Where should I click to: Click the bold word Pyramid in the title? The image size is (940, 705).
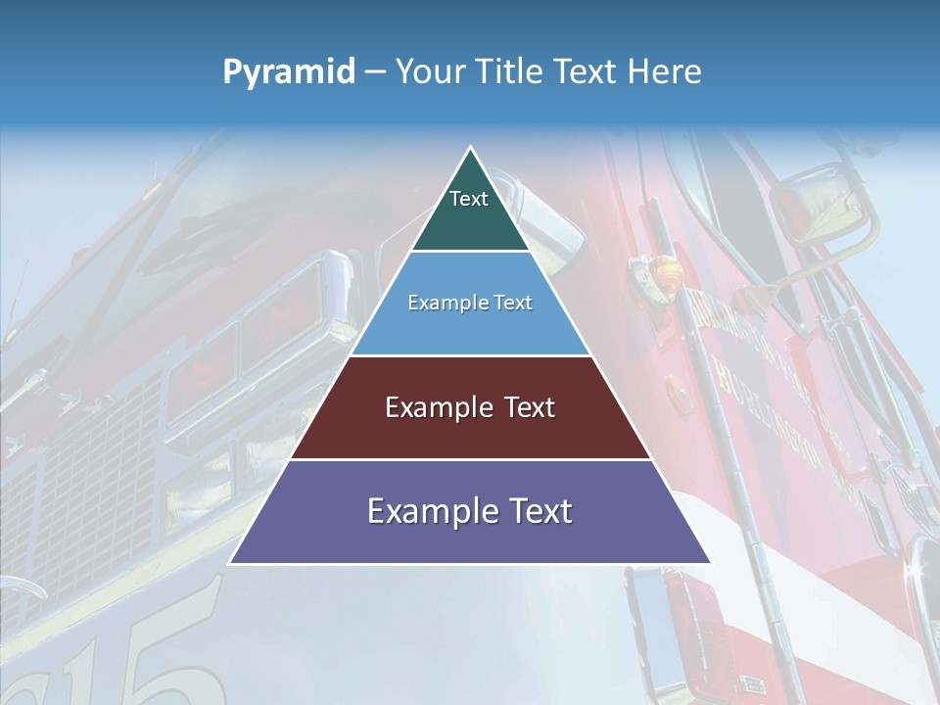(289, 71)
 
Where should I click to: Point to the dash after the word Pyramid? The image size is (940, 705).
(375, 72)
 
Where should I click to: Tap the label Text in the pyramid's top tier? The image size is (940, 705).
(469, 199)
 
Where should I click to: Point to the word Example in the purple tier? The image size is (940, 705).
(430, 510)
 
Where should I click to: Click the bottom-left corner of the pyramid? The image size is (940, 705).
(230, 563)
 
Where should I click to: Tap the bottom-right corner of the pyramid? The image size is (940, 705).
(710, 563)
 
